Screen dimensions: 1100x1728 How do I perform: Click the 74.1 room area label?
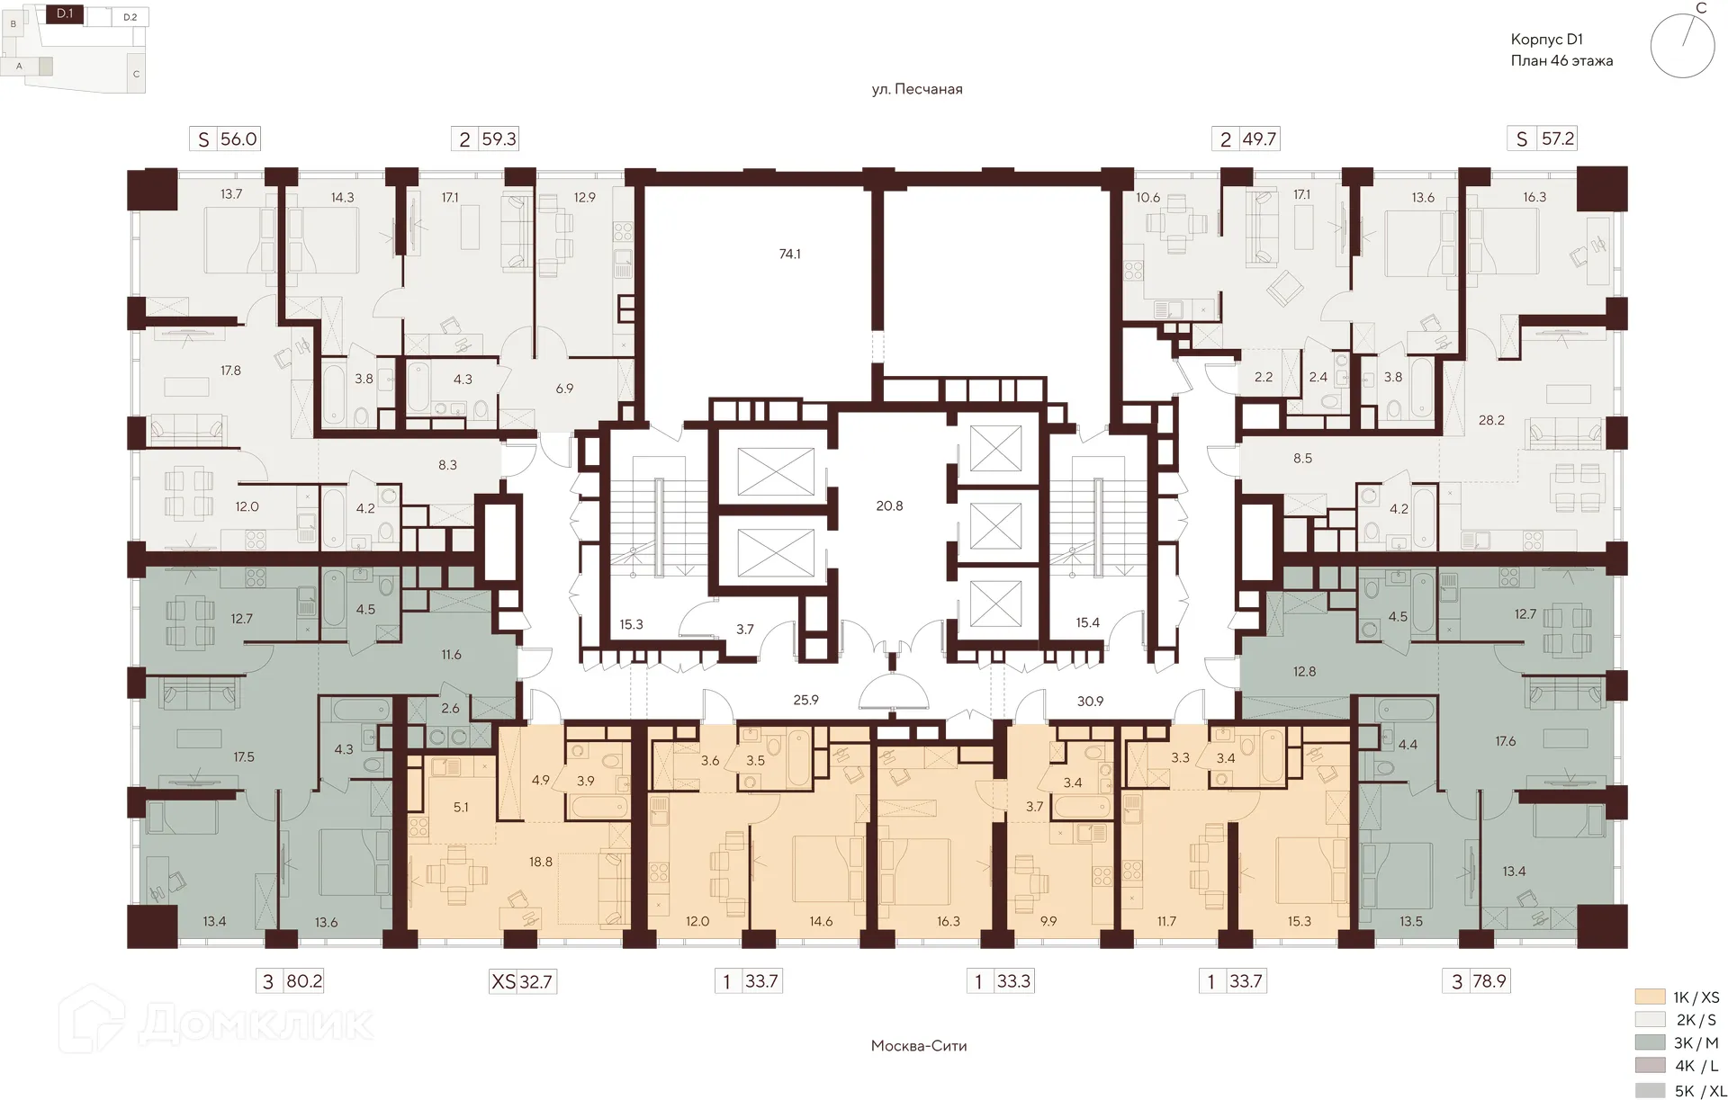pyautogui.click(x=789, y=255)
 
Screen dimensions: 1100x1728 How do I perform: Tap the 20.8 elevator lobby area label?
pyautogui.click(x=889, y=506)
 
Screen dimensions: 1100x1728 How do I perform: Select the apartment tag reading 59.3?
pyautogui.click(x=486, y=139)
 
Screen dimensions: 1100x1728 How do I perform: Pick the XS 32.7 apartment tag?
pyautogui.click(x=522, y=981)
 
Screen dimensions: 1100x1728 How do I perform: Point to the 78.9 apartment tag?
pyautogui.click(x=1477, y=981)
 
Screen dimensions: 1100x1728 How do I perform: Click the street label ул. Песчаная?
pyautogui.click(x=917, y=89)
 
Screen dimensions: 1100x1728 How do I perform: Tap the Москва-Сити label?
pyautogui.click(x=919, y=1046)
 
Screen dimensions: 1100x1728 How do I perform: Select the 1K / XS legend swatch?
pyautogui.click(x=1650, y=997)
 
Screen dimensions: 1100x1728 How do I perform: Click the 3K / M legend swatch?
pyautogui.click(x=1650, y=1043)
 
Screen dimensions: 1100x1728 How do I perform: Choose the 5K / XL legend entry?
pyautogui.click(x=1678, y=1091)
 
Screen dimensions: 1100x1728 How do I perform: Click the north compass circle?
pyautogui.click(x=1682, y=46)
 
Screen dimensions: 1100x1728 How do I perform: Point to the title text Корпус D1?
pyautogui.click(x=1546, y=40)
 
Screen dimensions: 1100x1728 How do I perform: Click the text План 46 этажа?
pyautogui.click(x=1561, y=61)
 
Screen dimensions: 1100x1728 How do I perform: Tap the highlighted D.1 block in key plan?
pyautogui.click(x=65, y=14)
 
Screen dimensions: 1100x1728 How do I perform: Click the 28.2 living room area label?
pyautogui.click(x=1491, y=420)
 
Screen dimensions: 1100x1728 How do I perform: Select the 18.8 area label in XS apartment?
pyautogui.click(x=540, y=862)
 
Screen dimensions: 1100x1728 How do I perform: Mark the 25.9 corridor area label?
pyautogui.click(x=805, y=700)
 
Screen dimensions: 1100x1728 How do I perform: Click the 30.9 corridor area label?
pyautogui.click(x=1090, y=701)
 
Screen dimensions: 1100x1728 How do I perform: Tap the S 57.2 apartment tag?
pyautogui.click(x=1544, y=139)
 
